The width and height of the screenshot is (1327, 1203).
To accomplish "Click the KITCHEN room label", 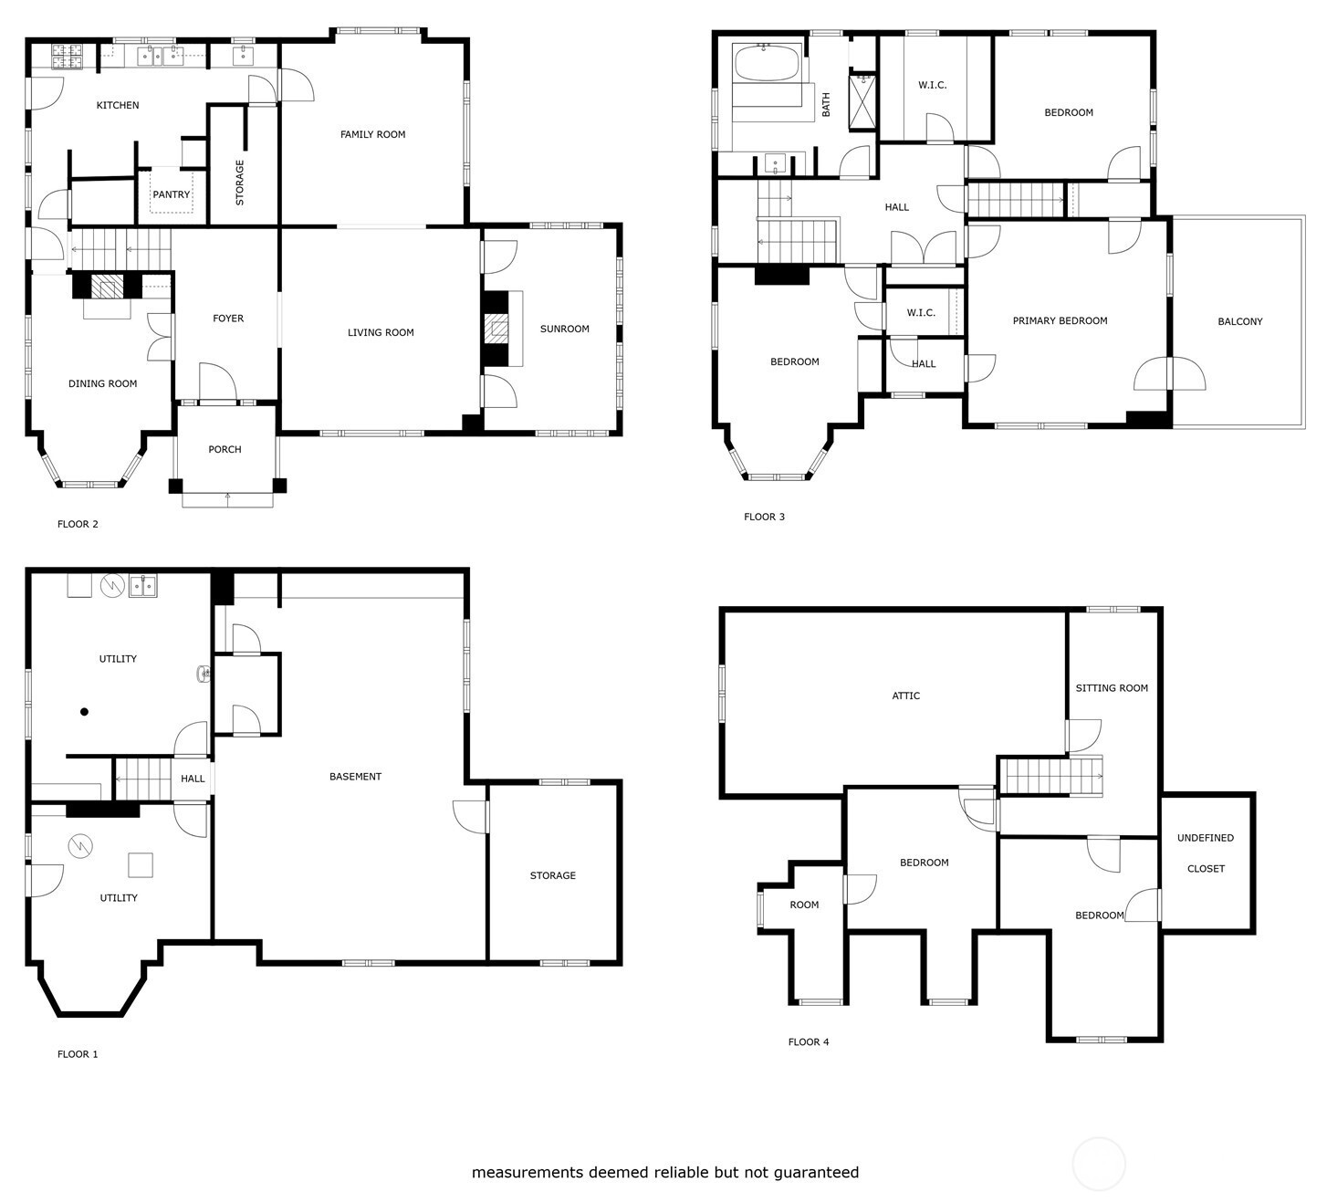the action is [118, 105].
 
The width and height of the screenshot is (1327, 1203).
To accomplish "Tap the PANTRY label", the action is [172, 194].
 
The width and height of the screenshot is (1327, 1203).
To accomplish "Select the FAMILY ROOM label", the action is [373, 134].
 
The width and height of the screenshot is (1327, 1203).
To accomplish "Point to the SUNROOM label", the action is [564, 329].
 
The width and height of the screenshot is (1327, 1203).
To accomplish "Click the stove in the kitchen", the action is [68, 56].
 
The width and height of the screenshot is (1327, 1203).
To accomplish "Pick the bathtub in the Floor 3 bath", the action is [768, 62].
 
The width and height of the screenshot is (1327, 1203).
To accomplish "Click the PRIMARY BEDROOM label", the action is [1060, 321].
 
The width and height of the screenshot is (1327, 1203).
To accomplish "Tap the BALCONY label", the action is [1240, 321].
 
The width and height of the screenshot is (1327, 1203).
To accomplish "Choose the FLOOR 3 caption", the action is [764, 517].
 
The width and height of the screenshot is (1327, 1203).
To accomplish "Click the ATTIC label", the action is [905, 696].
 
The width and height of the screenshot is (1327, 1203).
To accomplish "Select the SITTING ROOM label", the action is [1112, 688].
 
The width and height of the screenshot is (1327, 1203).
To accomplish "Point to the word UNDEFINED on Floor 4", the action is [1206, 838].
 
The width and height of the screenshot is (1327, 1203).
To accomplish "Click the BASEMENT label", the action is [355, 777].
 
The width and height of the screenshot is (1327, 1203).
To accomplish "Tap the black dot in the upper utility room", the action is [85, 712].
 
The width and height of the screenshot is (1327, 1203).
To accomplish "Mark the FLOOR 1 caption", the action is [78, 1054].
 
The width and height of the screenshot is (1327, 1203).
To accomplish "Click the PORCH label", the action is [225, 449].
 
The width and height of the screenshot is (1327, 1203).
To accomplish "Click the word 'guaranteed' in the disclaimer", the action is [816, 1173].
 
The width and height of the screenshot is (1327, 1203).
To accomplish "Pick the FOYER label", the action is [228, 319].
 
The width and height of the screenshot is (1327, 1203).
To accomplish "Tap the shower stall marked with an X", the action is [862, 101].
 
